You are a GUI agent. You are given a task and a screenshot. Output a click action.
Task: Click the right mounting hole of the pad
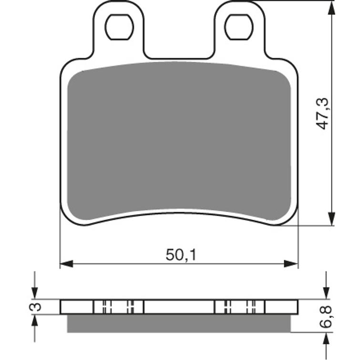[238, 27]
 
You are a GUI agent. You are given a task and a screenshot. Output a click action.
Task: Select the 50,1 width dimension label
[181, 256]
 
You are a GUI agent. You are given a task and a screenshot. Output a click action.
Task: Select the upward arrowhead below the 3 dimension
[34, 321]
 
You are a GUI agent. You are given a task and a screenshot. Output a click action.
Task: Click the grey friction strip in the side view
[179, 323]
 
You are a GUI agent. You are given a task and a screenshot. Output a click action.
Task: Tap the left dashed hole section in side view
[119, 307]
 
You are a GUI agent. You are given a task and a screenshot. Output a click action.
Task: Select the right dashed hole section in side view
[239, 307]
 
